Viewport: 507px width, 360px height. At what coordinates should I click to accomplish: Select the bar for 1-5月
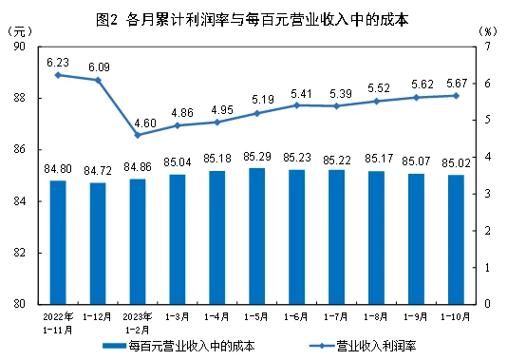(x=256, y=236)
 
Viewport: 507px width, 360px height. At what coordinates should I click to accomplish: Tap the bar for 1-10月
(x=456, y=239)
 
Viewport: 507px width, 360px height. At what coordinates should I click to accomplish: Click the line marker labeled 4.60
(x=138, y=135)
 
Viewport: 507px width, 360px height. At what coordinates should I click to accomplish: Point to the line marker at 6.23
(x=58, y=74)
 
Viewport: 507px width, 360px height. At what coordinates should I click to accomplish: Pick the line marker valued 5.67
(x=456, y=95)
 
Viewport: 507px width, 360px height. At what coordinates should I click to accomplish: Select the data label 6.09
(x=98, y=66)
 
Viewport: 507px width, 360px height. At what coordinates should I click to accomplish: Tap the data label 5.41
(x=296, y=93)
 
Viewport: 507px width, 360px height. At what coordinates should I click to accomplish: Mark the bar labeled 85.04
(x=178, y=239)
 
